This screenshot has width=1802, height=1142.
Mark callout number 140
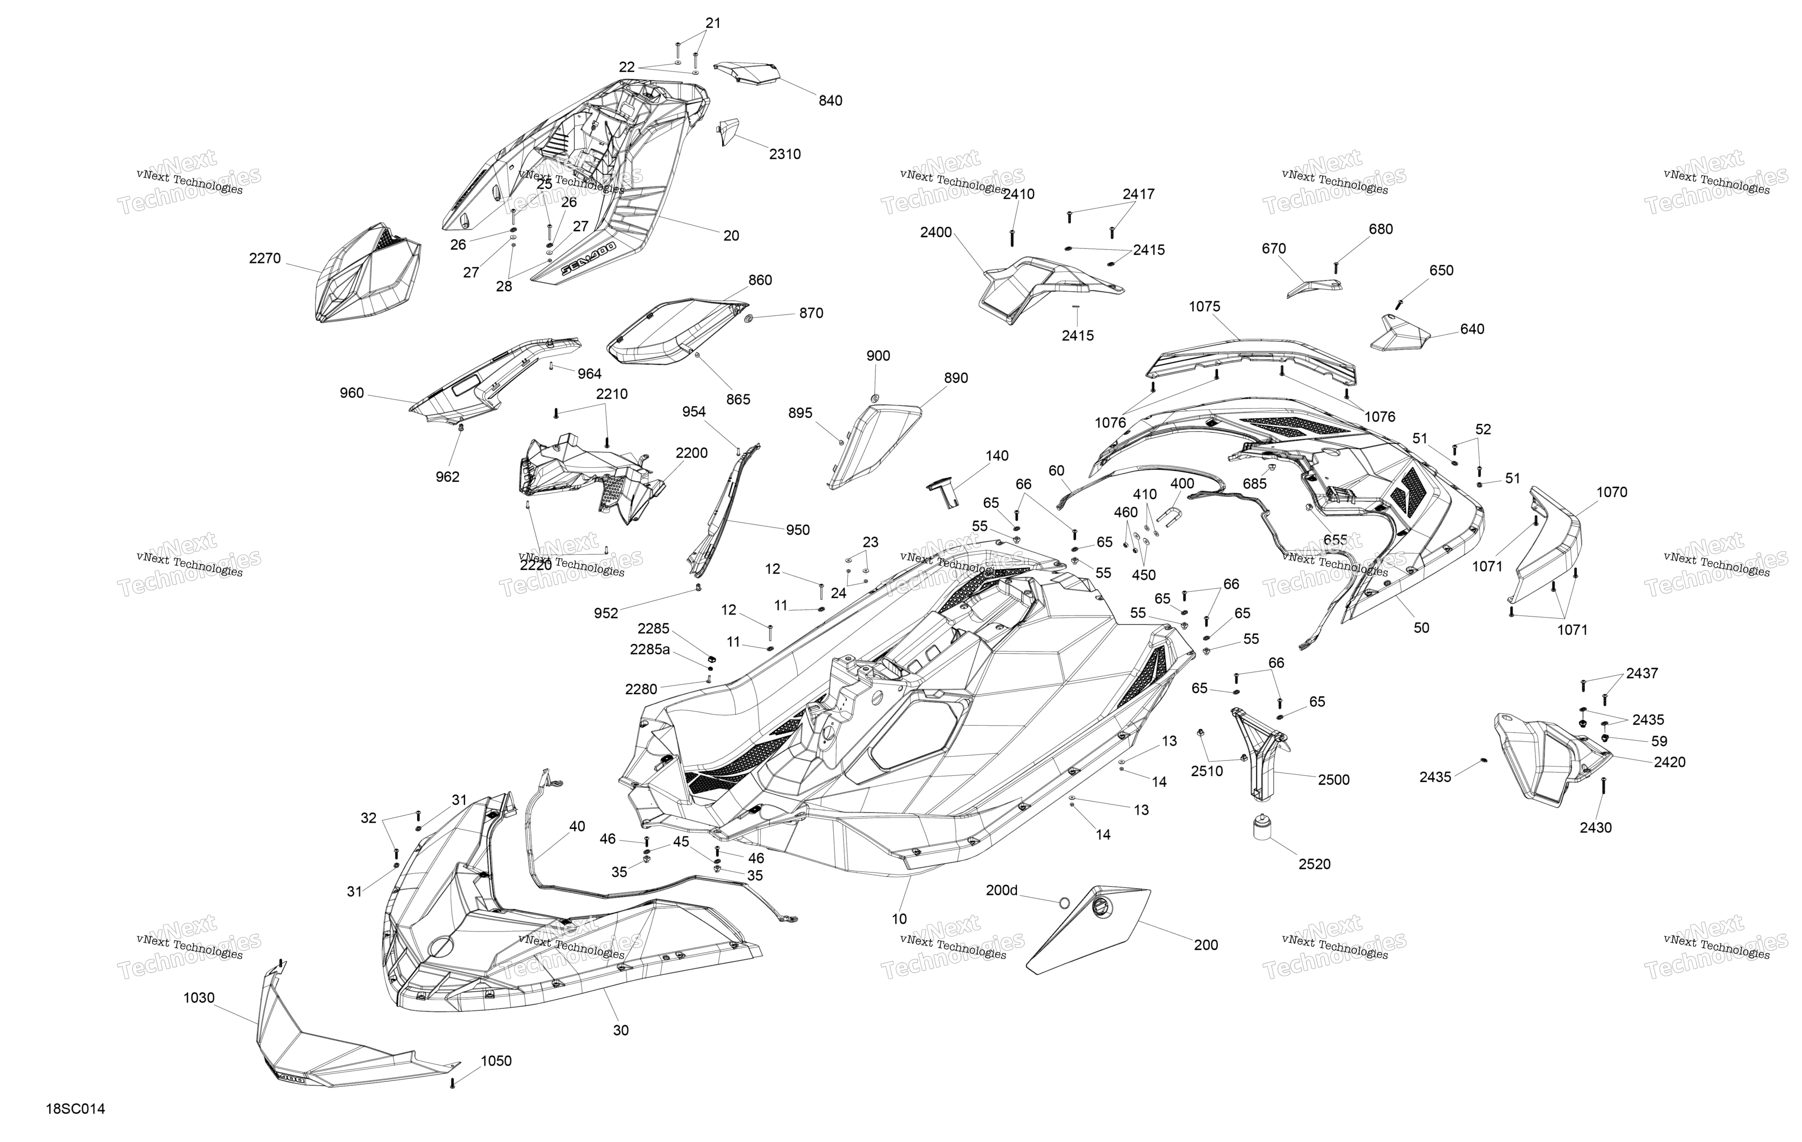point(997,456)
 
